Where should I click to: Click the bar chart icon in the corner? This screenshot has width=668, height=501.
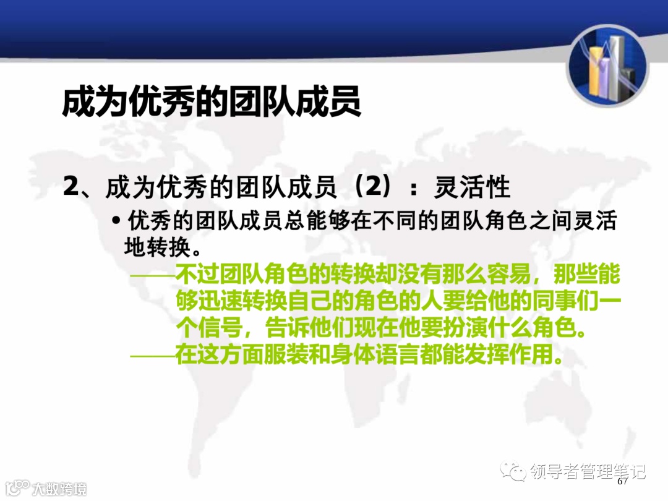[608, 67]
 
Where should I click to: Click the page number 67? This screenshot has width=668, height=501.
[622, 481]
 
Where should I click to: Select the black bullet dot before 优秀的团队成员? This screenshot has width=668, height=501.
[116, 221]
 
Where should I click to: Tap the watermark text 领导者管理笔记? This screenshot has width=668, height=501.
[587, 472]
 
